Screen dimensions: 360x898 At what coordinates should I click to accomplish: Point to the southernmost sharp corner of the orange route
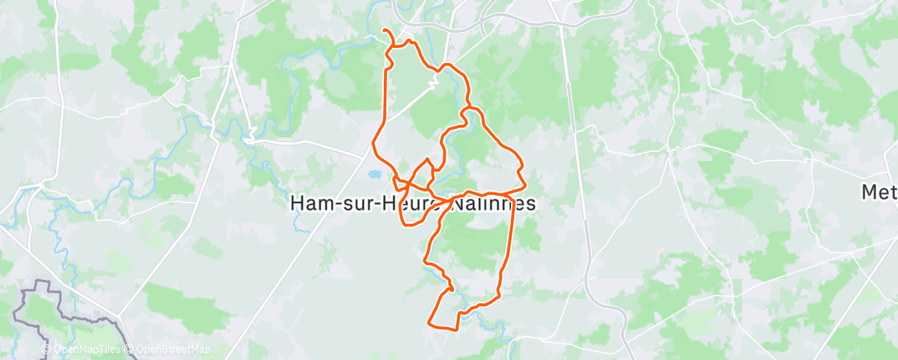tap(428, 322)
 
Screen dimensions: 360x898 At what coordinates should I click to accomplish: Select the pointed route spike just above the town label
tap(427, 159)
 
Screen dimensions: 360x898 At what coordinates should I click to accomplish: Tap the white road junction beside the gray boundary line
tap(118, 314)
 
